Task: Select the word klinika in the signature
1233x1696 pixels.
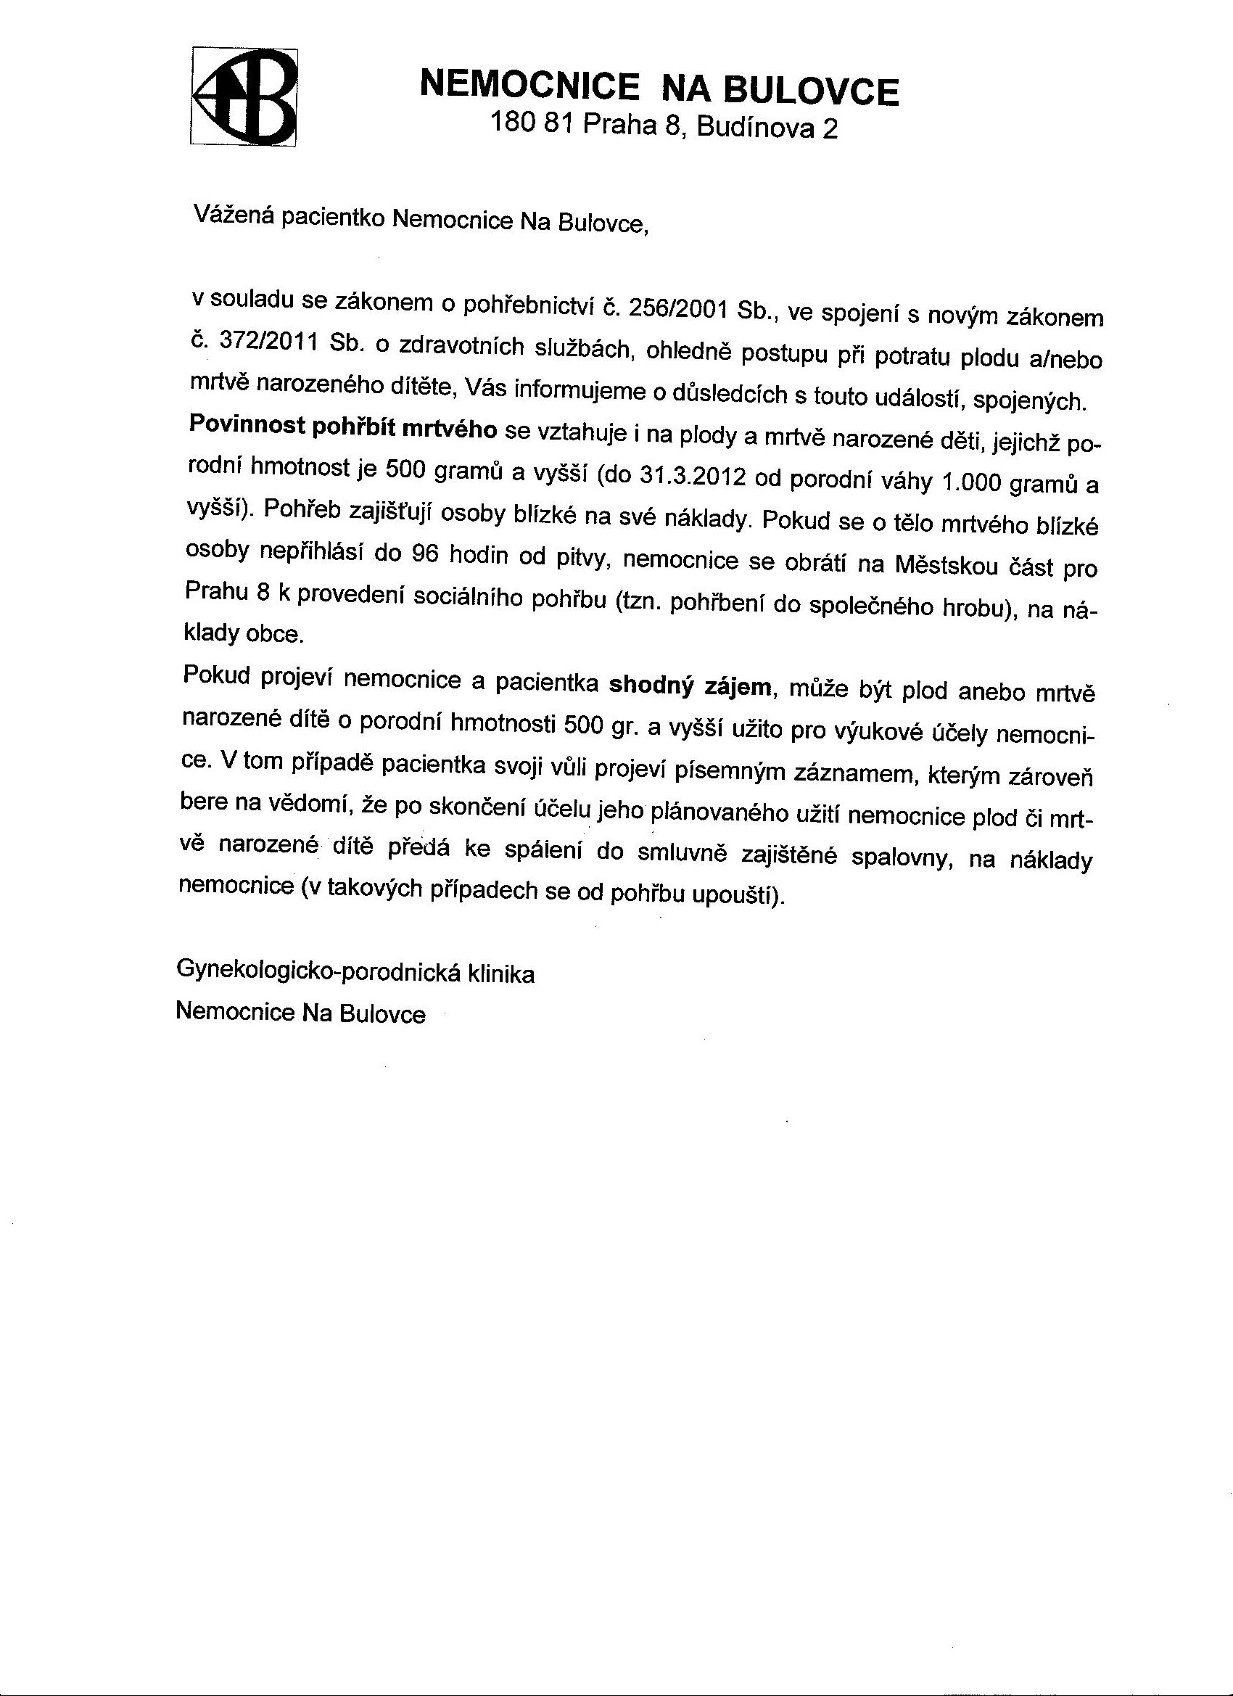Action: click(500, 974)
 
